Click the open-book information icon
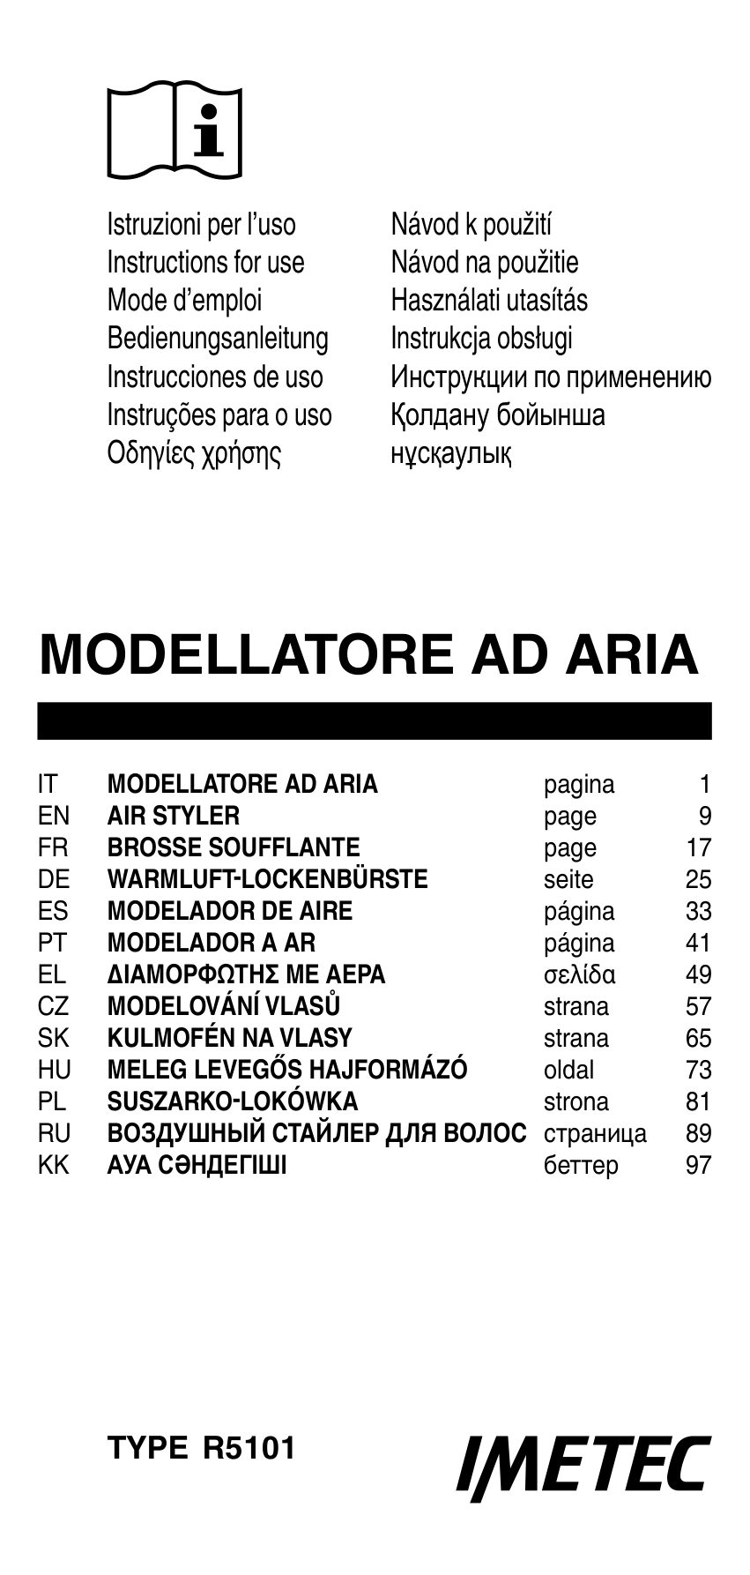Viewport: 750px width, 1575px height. (x=175, y=132)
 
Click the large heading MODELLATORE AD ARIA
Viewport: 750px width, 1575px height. (x=368, y=653)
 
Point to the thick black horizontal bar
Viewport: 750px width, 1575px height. (x=375, y=720)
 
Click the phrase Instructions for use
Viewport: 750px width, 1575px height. (x=205, y=262)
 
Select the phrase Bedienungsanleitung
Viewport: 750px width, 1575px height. (x=218, y=338)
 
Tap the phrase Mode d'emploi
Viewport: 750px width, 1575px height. (x=184, y=300)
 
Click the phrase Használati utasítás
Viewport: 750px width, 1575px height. (x=489, y=300)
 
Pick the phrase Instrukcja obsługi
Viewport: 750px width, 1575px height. (x=481, y=338)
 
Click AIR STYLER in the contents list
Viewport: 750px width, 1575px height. (x=174, y=815)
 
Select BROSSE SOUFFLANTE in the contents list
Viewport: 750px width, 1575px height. (x=234, y=847)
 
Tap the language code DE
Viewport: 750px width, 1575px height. (x=54, y=878)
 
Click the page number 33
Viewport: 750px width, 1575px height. (x=698, y=910)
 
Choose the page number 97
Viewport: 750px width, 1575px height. (x=698, y=1164)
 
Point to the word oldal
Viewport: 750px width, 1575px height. (x=568, y=1069)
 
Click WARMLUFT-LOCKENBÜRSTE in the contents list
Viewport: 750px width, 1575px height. (x=267, y=878)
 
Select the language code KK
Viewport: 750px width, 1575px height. (x=54, y=1164)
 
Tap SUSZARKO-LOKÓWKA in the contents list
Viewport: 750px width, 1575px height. (x=233, y=1101)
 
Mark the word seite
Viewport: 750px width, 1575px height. (x=568, y=878)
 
